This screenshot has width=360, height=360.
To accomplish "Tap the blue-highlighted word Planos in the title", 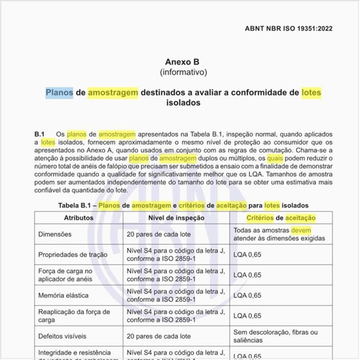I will click(x=60, y=92).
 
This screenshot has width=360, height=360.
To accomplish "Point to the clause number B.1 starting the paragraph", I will click(x=39, y=134).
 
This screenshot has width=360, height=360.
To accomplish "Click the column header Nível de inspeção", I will click(x=177, y=218).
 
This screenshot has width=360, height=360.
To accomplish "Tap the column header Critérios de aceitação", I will click(x=281, y=218).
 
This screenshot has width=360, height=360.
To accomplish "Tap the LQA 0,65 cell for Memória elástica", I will click(x=247, y=296).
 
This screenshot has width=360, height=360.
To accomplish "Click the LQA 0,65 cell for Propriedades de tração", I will click(x=247, y=255).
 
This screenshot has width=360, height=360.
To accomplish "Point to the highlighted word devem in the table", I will click(x=301, y=230).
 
